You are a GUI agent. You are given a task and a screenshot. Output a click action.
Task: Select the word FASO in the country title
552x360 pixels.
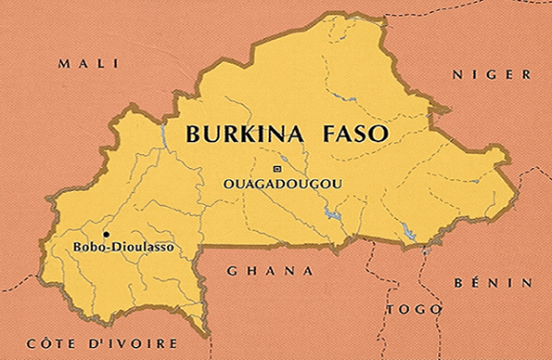353,134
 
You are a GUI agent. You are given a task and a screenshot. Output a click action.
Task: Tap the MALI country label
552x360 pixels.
88,63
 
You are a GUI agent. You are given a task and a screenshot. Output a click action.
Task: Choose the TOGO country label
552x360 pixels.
414,309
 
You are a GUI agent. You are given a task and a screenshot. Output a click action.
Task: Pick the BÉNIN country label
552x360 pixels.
493,282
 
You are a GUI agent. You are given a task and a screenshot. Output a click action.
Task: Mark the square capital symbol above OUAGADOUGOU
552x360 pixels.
276,168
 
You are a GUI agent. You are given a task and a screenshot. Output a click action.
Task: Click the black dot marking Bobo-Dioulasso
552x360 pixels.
106,234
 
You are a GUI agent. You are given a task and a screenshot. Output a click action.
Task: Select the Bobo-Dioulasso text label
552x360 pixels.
122,248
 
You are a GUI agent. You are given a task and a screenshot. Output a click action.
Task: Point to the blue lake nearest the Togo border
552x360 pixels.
408,228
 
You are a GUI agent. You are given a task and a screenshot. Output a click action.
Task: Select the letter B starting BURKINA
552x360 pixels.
193,134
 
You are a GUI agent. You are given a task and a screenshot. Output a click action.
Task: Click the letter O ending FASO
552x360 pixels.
378,134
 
